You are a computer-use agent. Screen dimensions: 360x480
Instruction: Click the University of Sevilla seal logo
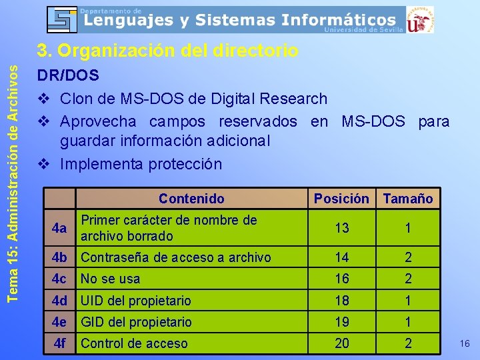tap(420, 19)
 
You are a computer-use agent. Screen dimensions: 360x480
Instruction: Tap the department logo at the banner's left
tap(62, 19)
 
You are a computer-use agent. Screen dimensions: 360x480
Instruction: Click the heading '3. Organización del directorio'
tap(167, 51)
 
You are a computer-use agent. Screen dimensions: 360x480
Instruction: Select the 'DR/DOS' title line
tap(67, 76)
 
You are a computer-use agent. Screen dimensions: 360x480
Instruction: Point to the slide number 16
tap(465, 343)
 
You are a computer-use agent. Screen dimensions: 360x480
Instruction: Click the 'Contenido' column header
tap(191, 198)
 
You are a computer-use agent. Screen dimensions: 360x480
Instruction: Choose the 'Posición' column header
tap(341, 198)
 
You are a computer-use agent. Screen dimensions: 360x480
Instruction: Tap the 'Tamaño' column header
tap(408, 198)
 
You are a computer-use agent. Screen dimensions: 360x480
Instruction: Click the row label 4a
tap(59, 228)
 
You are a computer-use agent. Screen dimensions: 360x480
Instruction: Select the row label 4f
tap(59, 343)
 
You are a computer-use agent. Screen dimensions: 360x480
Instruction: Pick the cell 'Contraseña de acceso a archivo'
tap(175, 257)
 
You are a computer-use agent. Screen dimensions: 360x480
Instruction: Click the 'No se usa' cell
tap(110, 279)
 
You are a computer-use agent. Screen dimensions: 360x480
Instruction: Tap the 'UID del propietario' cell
tap(135, 301)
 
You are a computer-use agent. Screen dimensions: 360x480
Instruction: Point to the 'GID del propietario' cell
tap(135, 322)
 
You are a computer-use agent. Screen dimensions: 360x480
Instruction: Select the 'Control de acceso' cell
tap(134, 343)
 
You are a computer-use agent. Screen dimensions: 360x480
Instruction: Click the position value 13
tap(342, 228)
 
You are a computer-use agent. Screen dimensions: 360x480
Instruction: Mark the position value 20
tap(342, 343)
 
